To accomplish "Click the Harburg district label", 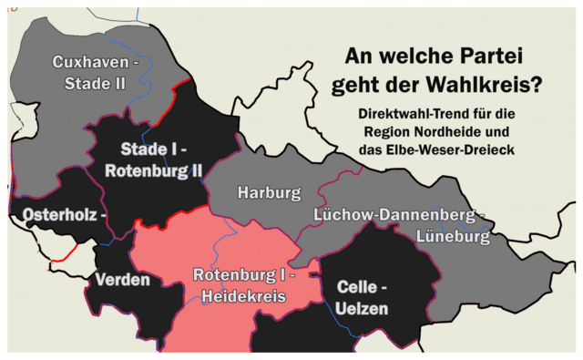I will pos(269,193).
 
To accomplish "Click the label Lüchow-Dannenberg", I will pos(393,215).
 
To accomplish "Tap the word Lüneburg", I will pos(453,237).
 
